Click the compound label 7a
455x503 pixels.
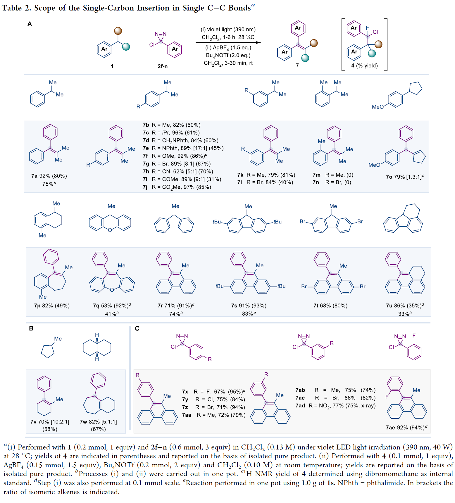click(34, 176)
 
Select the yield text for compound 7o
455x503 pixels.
click(405, 177)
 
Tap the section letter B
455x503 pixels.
click(31, 328)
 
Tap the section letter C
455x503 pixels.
click(137, 328)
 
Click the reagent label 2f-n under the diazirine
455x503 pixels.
click(163, 66)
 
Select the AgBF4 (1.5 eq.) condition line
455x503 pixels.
click(228, 48)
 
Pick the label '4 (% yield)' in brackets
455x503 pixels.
click(364, 66)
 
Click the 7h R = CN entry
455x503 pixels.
click(178, 171)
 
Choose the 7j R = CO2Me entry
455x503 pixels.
click(177, 187)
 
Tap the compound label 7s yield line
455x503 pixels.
click(249, 306)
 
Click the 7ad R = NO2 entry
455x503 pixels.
click(335, 406)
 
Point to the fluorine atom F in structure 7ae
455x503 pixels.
click(387, 397)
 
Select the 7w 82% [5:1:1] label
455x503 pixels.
click(98, 422)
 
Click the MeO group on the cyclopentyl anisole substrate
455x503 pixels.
click(378, 107)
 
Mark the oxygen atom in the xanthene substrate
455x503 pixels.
click(110, 230)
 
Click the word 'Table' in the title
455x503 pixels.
click(12, 8)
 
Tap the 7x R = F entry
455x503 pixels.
click(213, 392)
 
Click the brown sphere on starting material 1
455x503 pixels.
click(118, 31)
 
